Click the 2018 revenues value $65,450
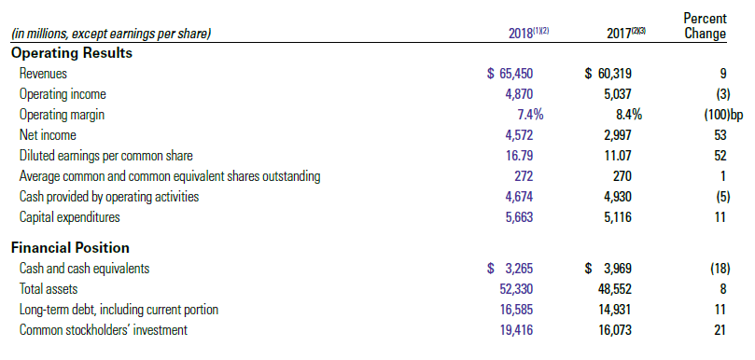[510, 74]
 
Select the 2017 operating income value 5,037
[617, 94]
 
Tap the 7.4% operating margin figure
[531, 115]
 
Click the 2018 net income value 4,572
[519, 135]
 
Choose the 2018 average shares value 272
[524, 176]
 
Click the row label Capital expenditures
[69, 217]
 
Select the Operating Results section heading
[71, 53]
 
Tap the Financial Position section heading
[70, 248]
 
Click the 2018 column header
[529, 34]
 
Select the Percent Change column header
[705, 26]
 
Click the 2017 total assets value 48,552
[614, 289]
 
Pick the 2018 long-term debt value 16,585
[516, 310]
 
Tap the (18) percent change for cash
[720, 269]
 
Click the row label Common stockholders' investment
[104, 330]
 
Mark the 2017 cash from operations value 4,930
[617, 197]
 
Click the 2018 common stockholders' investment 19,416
[516, 330]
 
